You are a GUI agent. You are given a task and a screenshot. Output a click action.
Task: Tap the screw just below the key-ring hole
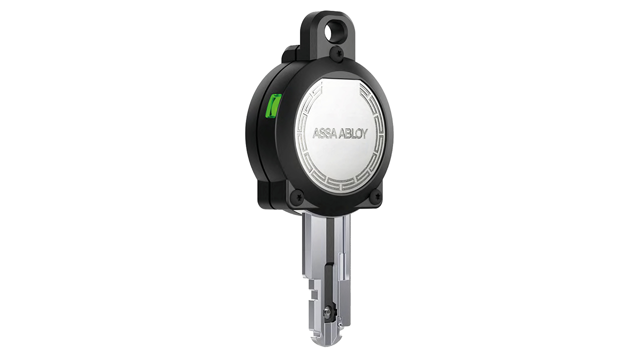point(339,51)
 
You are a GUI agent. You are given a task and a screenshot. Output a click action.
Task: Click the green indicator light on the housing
point(273,106)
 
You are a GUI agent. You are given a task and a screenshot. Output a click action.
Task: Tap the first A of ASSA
point(316,133)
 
